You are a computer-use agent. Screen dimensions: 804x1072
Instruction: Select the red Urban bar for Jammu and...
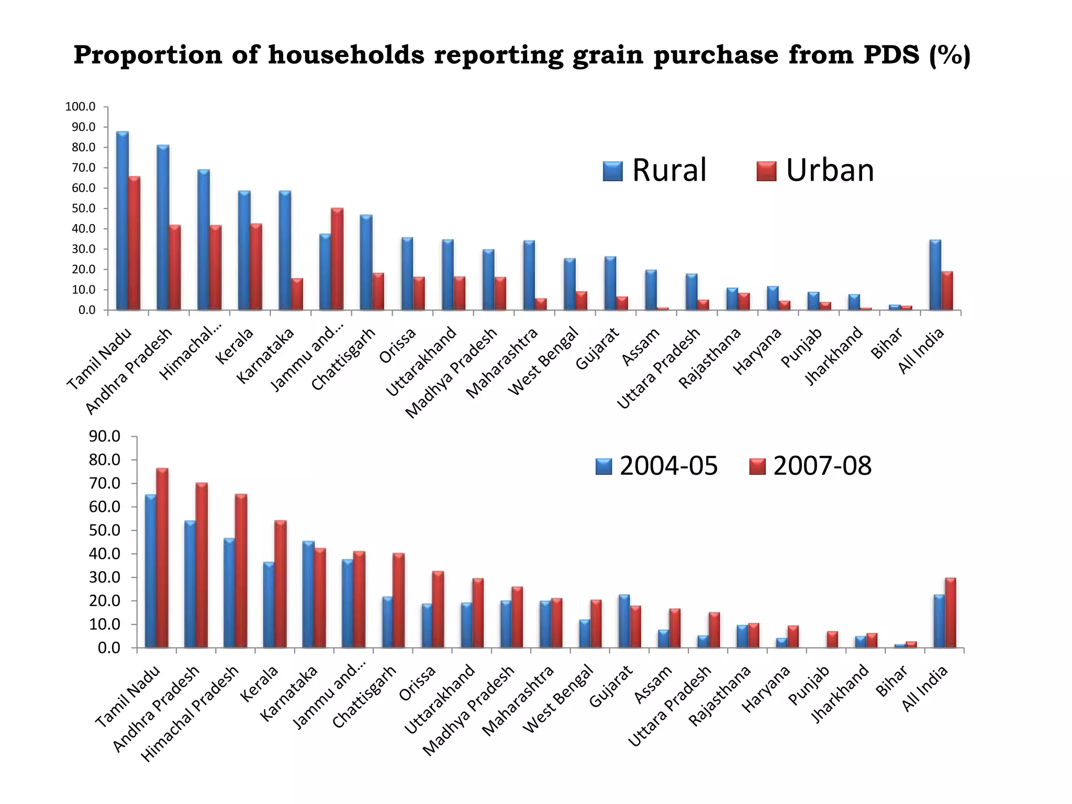(x=337, y=259)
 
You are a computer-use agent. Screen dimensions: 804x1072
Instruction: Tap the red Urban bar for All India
(x=947, y=291)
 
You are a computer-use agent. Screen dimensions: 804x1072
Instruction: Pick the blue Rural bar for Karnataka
(x=285, y=250)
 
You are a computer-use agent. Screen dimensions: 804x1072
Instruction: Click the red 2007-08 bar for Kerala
(x=280, y=584)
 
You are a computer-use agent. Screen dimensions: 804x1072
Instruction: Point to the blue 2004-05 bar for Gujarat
(x=623, y=621)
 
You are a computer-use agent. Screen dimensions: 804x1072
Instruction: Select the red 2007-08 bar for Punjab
(x=832, y=640)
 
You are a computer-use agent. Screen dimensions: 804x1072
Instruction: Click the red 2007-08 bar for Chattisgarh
(x=398, y=600)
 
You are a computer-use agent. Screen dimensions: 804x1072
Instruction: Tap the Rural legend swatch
(x=612, y=171)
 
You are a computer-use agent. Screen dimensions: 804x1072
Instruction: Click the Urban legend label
(x=830, y=170)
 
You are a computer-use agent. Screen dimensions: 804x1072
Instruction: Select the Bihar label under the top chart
(x=887, y=343)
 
